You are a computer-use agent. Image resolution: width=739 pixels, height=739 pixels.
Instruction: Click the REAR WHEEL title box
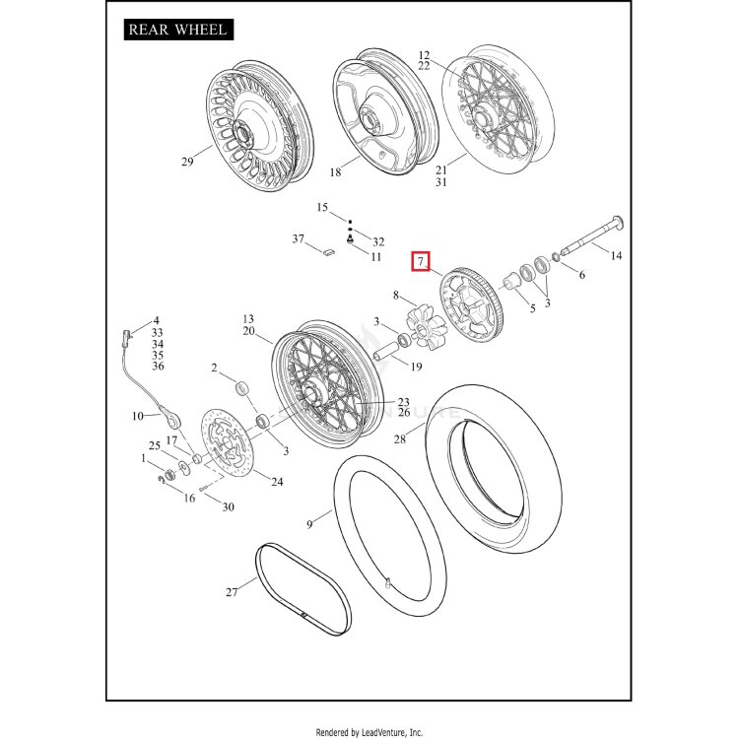tap(178, 30)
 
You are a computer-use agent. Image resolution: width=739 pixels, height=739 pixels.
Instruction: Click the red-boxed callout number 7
tap(421, 261)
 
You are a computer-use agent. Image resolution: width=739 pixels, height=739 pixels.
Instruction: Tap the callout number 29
tap(187, 162)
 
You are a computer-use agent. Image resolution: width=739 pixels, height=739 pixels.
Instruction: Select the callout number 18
tap(335, 172)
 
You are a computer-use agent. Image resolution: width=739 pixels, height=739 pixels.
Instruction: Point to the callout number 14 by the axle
tap(616, 255)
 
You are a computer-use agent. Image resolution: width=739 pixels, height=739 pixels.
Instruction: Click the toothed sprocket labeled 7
tap(471, 304)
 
